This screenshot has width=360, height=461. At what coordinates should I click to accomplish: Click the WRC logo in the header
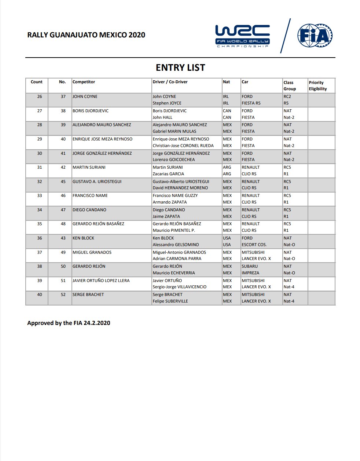coord(242,36)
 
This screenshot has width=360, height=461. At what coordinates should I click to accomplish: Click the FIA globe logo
coord(315,36)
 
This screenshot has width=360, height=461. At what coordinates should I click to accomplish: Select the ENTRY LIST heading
coord(180,68)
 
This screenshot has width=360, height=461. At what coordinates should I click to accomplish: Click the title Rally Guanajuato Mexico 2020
coord(86,35)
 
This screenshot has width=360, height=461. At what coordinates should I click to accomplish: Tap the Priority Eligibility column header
coord(317,86)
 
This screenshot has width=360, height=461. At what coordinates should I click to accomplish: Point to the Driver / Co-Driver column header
coord(170,82)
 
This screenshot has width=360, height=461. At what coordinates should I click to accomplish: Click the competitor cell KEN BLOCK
coord(84,238)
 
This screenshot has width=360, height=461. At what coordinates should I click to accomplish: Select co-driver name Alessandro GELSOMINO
coord(176,245)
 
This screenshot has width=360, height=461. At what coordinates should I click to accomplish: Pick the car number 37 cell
coord(63,96)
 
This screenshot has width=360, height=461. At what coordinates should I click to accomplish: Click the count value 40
coord(40,294)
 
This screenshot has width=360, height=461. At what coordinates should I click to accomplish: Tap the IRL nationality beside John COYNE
coord(226,96)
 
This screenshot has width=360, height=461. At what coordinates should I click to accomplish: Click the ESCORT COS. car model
coord(254,245)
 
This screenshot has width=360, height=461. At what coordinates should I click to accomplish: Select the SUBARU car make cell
coord(250,266)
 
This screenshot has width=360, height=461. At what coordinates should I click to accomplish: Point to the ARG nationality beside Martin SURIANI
coord(227,167)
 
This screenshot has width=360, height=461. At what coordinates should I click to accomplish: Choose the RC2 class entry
coord(287,96)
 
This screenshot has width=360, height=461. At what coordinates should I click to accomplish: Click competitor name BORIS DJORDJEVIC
coord(91,111)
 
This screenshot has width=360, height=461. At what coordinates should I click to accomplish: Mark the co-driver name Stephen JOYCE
coord(167,103)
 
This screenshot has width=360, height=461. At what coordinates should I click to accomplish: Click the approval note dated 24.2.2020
coord(69,323)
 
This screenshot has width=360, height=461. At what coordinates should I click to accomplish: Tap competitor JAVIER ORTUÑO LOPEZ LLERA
coord(101,281)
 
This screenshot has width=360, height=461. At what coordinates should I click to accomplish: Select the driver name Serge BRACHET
coord(168,294)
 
